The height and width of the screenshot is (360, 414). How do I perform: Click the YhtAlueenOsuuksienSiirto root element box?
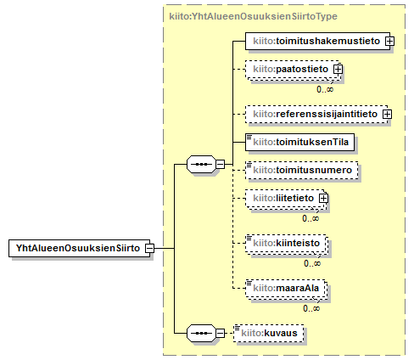pos(79,248)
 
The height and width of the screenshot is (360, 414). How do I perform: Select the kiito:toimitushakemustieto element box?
pos(317,41)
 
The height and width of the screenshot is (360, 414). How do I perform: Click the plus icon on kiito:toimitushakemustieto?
pos(389,42)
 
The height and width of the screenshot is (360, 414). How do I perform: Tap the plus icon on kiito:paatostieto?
pos(338,70)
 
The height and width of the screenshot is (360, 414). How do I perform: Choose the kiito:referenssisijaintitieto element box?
pos(316,114)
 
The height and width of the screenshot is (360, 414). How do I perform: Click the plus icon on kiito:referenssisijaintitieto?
pos(388,115)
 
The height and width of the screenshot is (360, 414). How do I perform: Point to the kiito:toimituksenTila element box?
pos(299,142)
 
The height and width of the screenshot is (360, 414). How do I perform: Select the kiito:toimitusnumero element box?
pos(301,170)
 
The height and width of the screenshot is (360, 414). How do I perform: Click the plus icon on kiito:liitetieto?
pos(323,199)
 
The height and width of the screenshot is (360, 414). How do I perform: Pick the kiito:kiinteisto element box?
pos(286,243)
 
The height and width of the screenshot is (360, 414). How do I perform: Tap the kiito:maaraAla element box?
pos(286,288)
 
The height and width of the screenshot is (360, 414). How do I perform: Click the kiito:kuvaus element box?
pos(269,333)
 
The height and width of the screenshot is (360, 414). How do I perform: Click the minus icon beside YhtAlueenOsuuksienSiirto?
pos(150,248)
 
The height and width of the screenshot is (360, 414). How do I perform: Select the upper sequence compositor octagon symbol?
pos(201,164)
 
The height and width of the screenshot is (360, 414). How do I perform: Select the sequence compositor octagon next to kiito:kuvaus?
pos(201,333)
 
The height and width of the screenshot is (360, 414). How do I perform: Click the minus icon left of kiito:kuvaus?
pos(221,333)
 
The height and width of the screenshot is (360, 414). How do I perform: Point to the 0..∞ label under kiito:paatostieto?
pos(325,89)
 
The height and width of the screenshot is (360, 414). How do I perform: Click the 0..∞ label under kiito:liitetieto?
pos(310,218)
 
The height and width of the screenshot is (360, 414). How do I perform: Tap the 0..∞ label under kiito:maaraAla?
pos(311,308)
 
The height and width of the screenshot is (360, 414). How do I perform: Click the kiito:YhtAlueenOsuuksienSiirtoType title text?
pos(253,16)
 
